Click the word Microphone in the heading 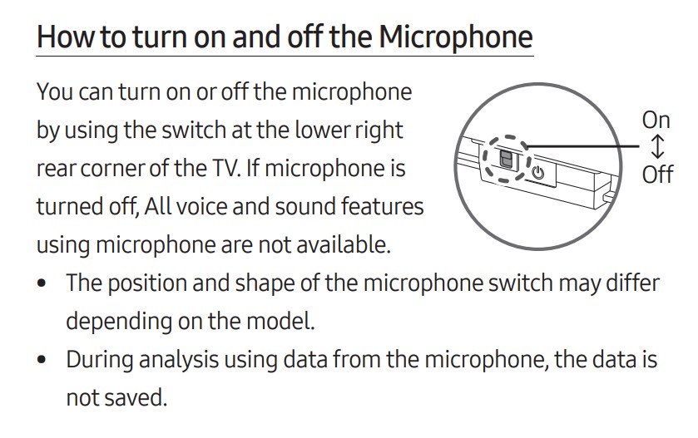(x=456, y=37)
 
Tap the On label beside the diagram (x=656, y=120)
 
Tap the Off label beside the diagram (x=657, y=174)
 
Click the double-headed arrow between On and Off (x=657, y=147)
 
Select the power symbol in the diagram (x=538, y=172)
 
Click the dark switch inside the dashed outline (x=506, y=159)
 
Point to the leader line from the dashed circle (x=582, y=145)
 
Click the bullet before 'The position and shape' (x=42, y=283)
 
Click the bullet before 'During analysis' (x=42, y=359)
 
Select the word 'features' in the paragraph (x=382, y=207)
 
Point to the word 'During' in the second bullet (x=99, y=359)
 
